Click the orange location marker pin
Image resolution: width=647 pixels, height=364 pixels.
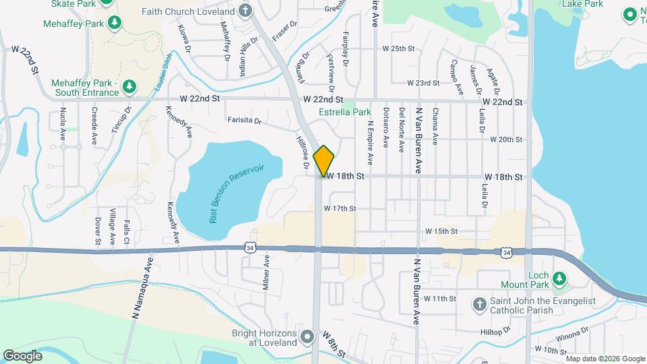click(324, 160)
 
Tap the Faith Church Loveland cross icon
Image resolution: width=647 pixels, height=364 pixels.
click(245, 11)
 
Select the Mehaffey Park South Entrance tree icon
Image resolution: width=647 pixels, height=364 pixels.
click(129, 87)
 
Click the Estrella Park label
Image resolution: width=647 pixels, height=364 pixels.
click(344, 112)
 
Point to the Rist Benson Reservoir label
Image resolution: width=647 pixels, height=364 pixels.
click(235, 193)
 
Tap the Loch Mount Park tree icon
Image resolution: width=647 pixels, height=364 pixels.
click(558, 278)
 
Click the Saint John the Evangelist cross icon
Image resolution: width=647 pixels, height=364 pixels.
click(479, 305)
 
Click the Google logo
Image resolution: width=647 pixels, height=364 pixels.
click(22, 355)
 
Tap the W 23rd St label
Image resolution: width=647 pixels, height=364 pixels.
click(423, 83)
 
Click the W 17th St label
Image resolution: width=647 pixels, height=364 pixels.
click(339, 208)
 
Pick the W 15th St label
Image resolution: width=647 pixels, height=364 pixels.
click(441, 231)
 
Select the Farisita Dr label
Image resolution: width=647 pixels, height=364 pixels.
click(244, 121)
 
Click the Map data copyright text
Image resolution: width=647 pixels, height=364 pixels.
click(594, 358)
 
